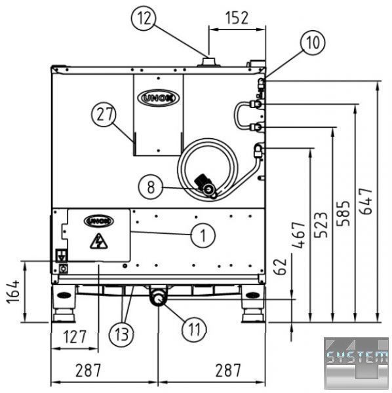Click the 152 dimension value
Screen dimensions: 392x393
coord(237,18)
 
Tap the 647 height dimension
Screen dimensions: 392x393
coord(366,201)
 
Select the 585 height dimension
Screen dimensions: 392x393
coord(343,213)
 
